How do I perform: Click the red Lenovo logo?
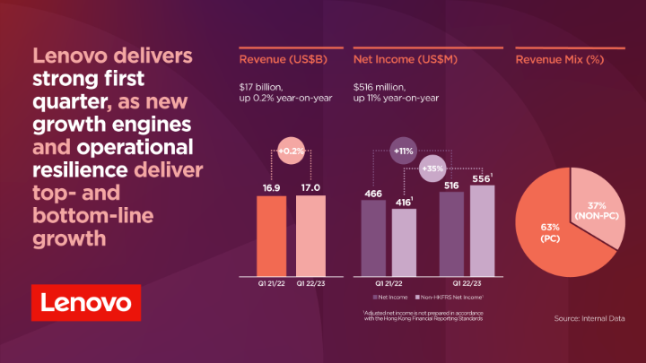pyautogui.click(x=86, y=304)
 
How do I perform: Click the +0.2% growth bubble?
pyautogui.click(x=292, y=152)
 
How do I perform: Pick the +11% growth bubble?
pyautogui.click(x=403, y=152)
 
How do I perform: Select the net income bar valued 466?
pyautogui.click(x=373, y=237)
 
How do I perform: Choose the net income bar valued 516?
pyautogui.click(x=451, y=232)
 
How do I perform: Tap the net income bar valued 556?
pyautogui.click(x=483, y=229)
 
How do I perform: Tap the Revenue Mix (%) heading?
pyautogui.click(x=557, y=61)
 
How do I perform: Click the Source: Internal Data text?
pyautogui.click(x=595, y=317)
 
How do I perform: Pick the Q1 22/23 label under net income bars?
pyautogui.click(x=467, y=281)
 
